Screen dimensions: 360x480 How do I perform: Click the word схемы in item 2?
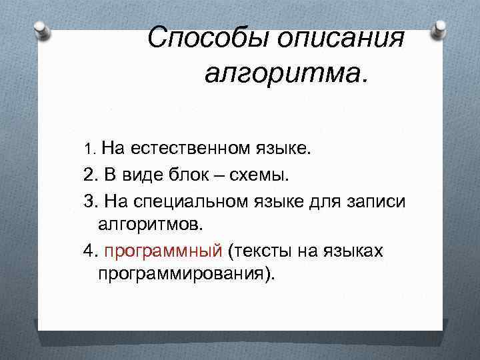(262, 175)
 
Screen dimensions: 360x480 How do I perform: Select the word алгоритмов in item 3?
(149, 225)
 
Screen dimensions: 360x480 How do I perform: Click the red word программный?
(163, 251)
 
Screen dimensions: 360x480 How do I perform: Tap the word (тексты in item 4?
(257, 251)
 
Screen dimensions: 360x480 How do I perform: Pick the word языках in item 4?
(355, 251)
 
